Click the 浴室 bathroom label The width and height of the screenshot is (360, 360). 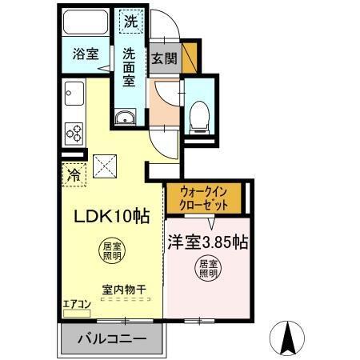coord(86,54)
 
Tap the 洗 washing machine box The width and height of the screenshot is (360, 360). coord(130,20)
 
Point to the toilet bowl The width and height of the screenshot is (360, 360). coord(198,118)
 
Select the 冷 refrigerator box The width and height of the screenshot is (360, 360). coord(74,173)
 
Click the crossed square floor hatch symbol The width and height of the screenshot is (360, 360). coord(106,166)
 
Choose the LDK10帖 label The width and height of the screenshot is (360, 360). coord(112,215)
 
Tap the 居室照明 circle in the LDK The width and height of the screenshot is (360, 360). coord(112,251)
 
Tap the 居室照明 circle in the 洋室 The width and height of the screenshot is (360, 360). coord(208,267)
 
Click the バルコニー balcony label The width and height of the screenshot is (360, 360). coord(112,338)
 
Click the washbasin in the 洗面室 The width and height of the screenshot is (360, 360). coord(126,119)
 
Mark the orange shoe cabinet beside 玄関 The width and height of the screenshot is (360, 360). coord(189,58)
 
